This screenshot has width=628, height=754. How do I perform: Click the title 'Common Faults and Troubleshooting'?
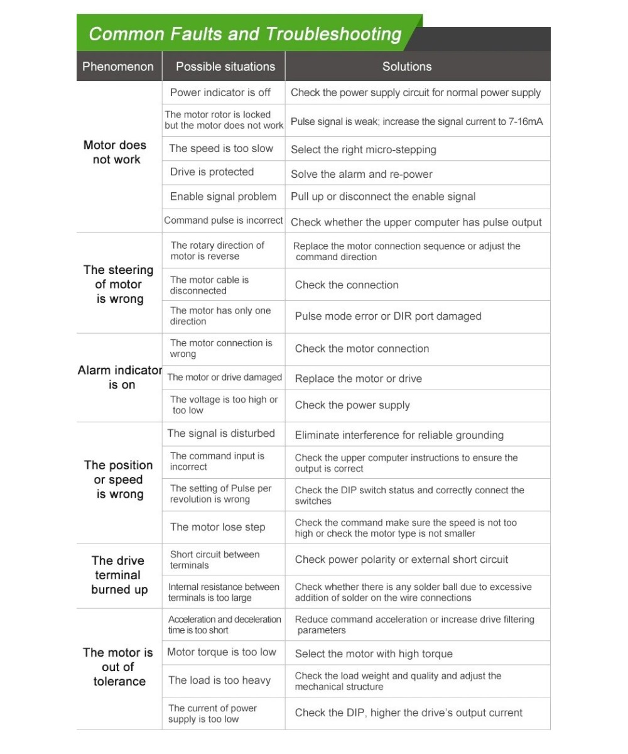(245, 34)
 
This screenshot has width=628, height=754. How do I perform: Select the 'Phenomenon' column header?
(118, 67)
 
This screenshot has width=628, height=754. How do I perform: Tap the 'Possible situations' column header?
(225, 67)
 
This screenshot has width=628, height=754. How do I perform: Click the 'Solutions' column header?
(407, 67)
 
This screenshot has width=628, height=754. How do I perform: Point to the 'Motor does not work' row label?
(116, 152)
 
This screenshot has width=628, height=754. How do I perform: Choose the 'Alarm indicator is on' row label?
(119, 377)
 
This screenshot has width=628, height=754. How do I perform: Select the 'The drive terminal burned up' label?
(119, 575)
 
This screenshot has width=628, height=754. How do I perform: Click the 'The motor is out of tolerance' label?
(119, 667)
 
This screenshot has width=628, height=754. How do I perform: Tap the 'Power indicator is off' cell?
(220, 92)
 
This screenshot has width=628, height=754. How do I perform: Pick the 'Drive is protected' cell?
(212, 172)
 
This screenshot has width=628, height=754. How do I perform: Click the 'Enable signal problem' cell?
(223, 197)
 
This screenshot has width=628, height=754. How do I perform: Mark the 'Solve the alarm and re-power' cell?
(362, 174)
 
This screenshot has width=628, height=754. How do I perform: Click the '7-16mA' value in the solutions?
(526, 121)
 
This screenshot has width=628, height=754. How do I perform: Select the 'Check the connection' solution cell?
(347, 285)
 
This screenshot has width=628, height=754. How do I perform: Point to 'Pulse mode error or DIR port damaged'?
(388, 317)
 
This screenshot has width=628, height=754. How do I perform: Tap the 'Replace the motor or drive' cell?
(359, 379)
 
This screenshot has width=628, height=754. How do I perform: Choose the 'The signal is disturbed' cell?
(221, 434)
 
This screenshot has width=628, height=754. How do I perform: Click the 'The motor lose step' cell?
(218, 527)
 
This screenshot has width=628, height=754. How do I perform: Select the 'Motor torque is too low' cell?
(222, 652)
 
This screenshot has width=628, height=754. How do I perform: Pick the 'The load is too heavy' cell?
(220, 680)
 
